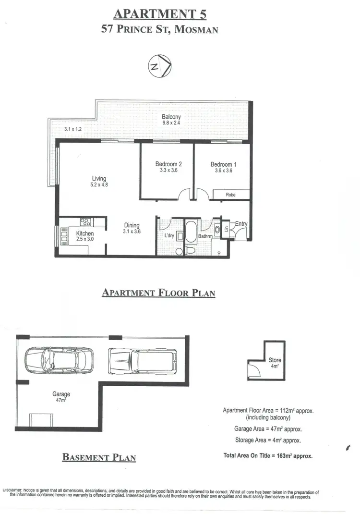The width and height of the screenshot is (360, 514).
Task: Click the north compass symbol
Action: point(159,67)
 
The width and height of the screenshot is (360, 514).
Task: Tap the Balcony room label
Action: point(171,117)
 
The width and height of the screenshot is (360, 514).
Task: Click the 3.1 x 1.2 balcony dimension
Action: point(73,129)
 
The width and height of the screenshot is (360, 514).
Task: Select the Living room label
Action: point(99,179)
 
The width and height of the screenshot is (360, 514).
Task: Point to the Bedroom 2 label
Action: point(168,164)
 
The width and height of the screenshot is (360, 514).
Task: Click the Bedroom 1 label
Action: point(223,164)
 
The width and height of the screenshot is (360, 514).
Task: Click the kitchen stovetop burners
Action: point(86,222)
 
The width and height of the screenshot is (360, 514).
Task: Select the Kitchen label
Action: point(85,233)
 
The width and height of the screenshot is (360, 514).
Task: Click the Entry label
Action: point(241,224)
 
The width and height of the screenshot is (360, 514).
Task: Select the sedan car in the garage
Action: point(59,358)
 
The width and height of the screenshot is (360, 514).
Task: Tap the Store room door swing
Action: point(252,370)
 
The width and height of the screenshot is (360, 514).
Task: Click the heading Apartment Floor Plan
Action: point(158,293)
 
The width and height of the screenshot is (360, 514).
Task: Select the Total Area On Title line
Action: point(268,455)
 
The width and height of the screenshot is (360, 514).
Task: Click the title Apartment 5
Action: point(160,14)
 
